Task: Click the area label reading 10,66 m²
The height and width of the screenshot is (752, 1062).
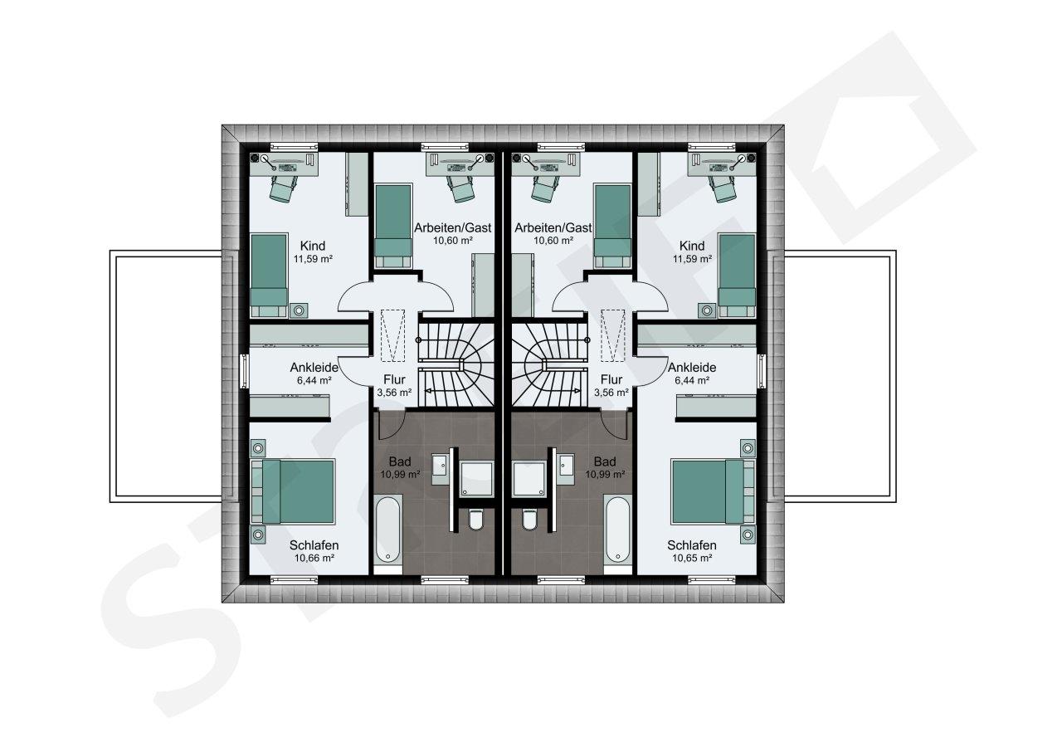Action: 314,558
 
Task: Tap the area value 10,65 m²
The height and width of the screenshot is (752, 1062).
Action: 692,558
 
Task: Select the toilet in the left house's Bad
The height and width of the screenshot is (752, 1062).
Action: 475,520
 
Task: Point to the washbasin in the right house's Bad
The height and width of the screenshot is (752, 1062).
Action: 567,465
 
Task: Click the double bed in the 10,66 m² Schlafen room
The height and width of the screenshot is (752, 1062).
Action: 293,491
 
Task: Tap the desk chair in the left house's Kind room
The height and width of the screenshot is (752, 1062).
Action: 283,188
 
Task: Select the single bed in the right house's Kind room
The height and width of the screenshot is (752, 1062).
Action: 737,275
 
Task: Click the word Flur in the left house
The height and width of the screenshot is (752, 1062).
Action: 394,380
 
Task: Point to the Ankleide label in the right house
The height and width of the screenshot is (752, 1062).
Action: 692,368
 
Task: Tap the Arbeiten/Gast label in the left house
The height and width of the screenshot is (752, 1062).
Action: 453,228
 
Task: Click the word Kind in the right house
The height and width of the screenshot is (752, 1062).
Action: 692,246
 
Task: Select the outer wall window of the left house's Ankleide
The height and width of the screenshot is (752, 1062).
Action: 244,371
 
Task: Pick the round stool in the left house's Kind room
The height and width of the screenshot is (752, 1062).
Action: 299,310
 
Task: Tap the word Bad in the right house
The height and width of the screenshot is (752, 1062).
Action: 605,461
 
